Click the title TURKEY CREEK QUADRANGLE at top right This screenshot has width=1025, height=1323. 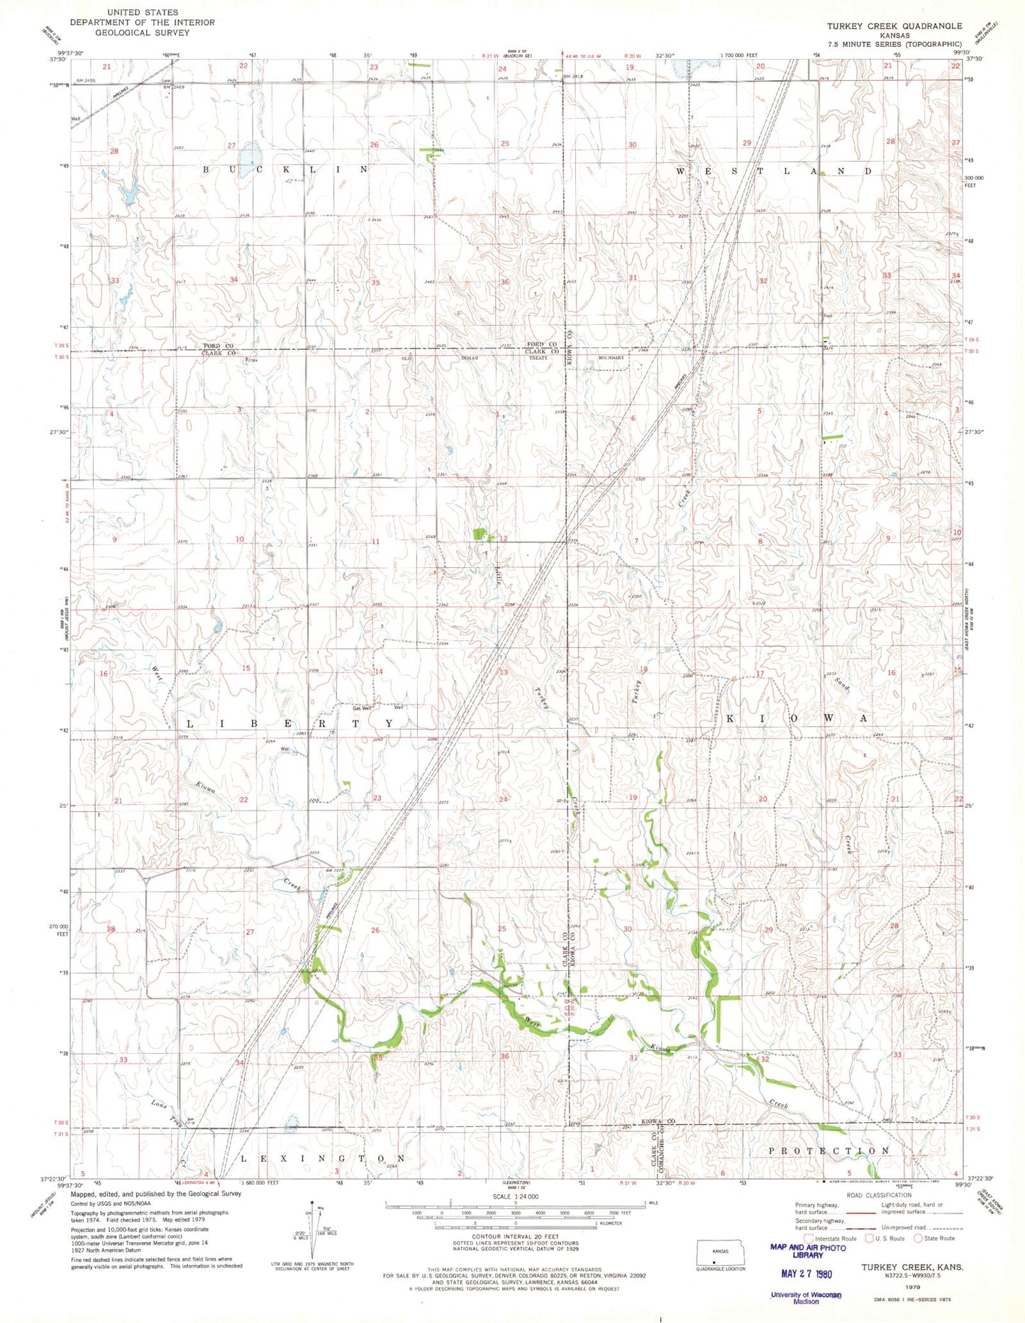(894, 26)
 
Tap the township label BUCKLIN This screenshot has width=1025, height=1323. (285, 170)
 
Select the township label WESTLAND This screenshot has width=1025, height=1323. (772, 172)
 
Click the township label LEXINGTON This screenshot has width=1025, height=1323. (322, 1158)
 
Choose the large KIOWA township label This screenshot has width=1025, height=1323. (796, 718)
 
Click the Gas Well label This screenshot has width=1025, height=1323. (362, 708)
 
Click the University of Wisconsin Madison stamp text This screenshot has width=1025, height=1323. (805, 1297)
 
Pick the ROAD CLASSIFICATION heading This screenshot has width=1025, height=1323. (879, 1195)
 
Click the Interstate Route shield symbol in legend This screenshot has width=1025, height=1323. (809, 1239)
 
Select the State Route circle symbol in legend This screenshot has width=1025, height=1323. (917, 1239)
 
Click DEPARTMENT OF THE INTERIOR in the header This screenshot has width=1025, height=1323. (142, 23)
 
